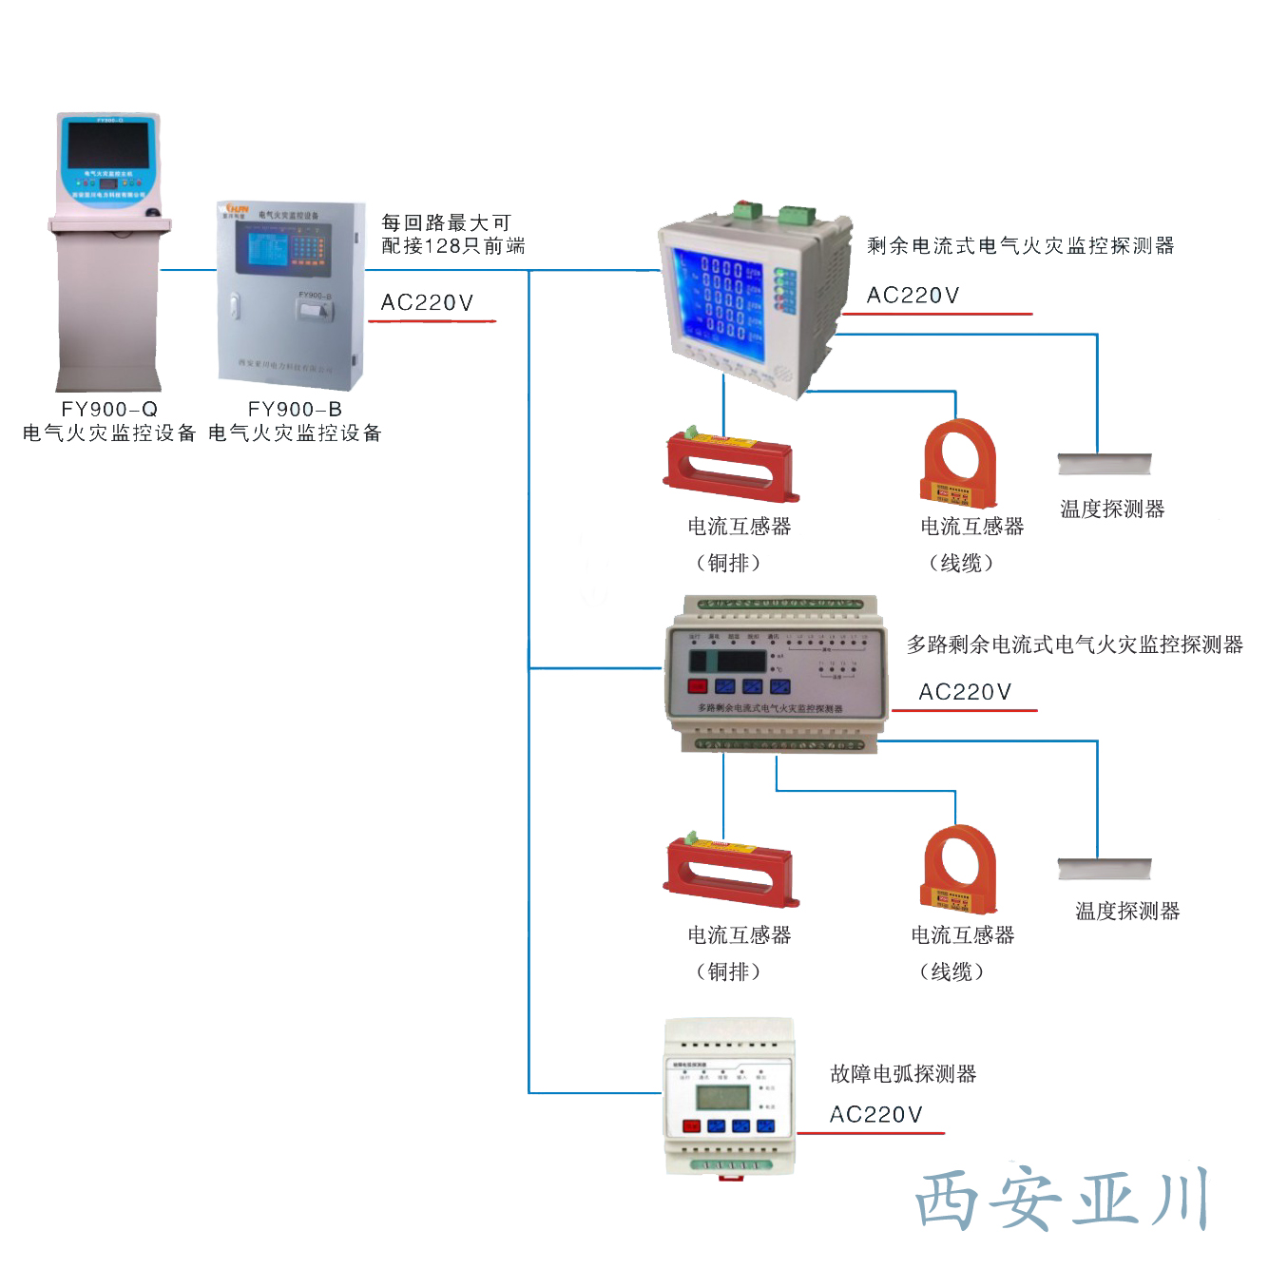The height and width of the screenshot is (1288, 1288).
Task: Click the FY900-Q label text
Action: click(109, 410)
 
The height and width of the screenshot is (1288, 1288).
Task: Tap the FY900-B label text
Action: click(295, 410)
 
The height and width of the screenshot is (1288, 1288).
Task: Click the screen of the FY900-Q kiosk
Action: click(107, 145)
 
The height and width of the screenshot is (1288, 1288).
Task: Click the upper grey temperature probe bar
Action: click(1105, 465)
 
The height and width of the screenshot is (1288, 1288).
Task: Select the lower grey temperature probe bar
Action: click(1105, 869)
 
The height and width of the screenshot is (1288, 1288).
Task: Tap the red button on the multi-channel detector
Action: click(697, 686)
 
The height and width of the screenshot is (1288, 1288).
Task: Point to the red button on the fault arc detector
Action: click(691, 1127)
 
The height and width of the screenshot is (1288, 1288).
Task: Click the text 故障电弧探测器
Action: click(903, 1074)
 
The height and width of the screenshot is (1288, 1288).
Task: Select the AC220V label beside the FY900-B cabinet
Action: click(427, 303)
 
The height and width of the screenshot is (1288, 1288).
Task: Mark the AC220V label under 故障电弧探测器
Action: click(875, 1115)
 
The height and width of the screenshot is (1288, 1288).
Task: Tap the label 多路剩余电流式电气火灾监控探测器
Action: click(1074, 645)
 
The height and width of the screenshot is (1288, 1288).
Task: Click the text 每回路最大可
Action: click(446, 223)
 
